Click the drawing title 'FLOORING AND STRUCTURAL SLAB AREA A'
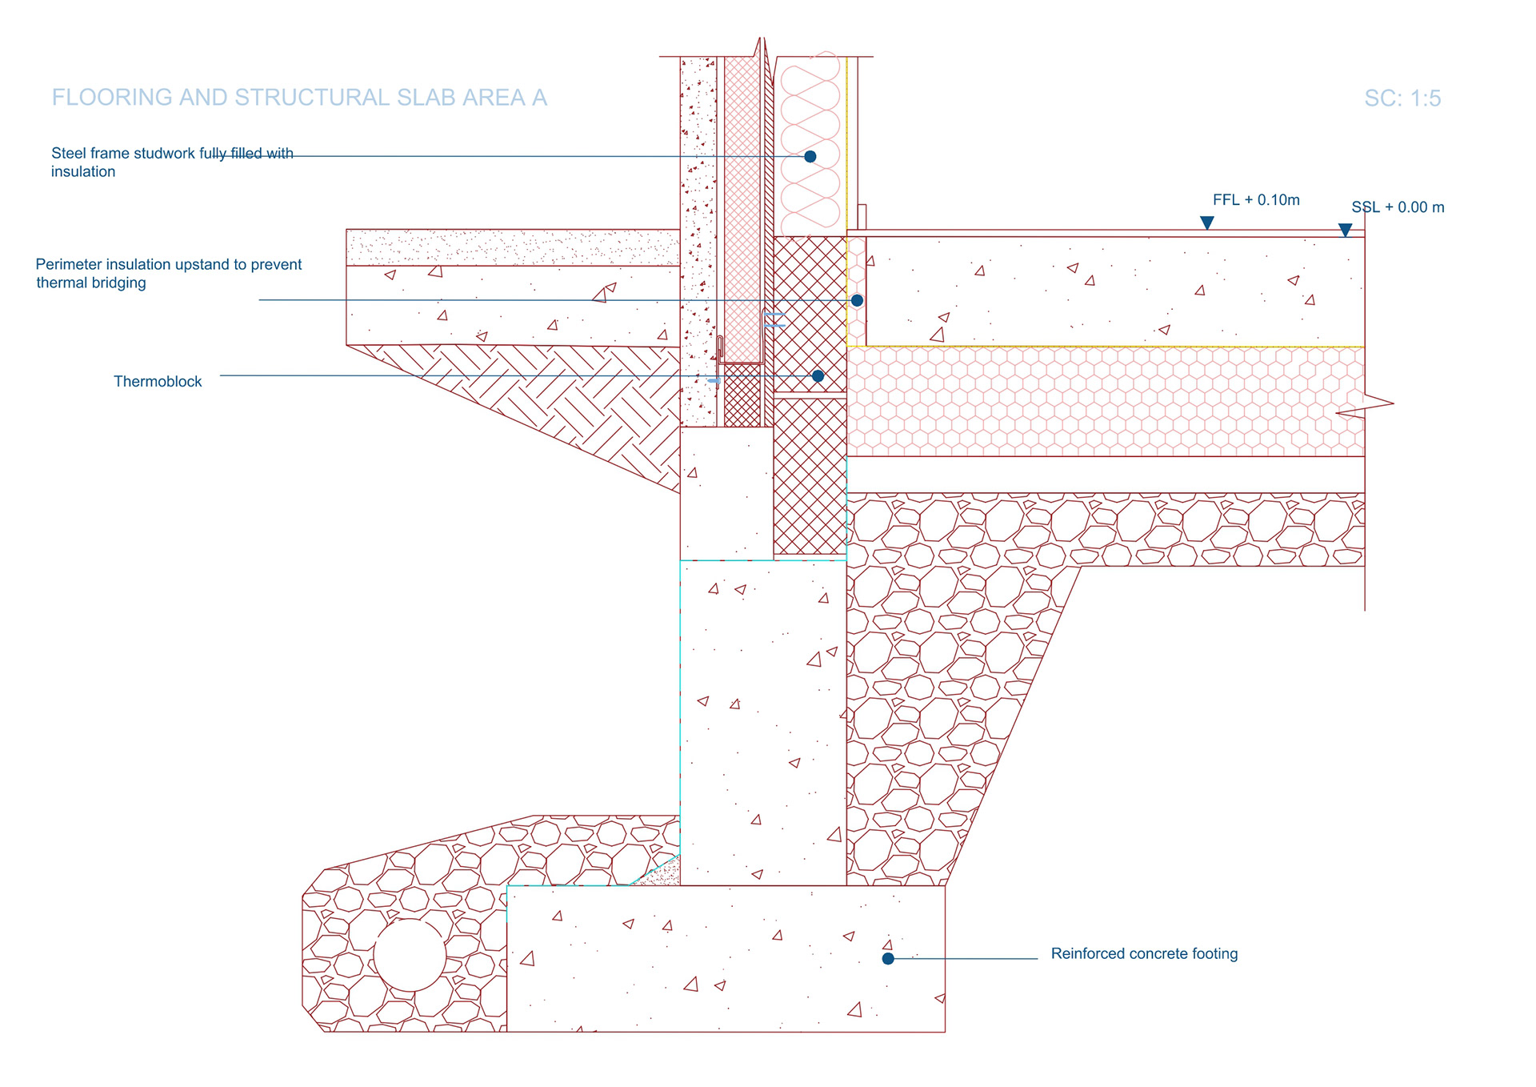299,98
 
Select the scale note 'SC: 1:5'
1402,98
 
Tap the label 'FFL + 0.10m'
1256,200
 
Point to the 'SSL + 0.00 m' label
1398,207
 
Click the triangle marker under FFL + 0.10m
1207,223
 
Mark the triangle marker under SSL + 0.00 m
1346,231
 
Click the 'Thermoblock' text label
158,382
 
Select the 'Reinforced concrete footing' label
1144,953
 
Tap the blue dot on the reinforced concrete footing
888,958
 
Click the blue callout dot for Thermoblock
818,376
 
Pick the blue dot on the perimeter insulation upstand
857,301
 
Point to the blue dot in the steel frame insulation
810,157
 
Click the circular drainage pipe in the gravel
410,956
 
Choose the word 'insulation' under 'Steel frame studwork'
83,171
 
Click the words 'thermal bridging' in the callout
91,283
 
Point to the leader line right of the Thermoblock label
480,376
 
